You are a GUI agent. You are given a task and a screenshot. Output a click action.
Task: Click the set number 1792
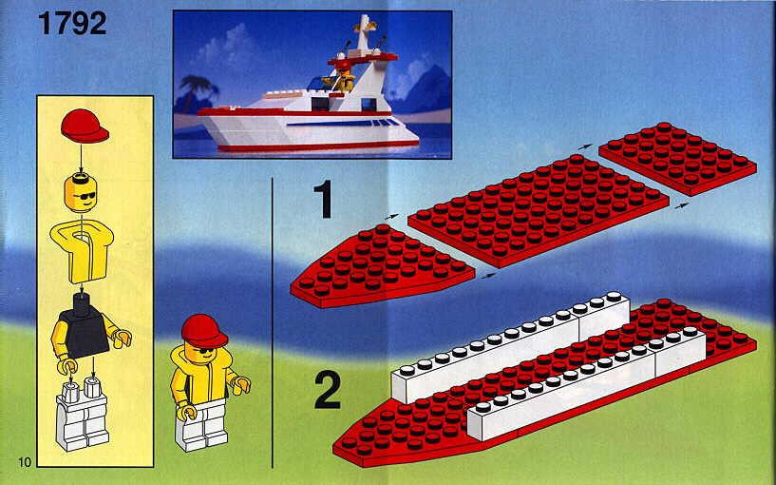[x=72, y=23]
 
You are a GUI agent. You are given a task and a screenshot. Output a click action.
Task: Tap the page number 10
[x=25, y=462]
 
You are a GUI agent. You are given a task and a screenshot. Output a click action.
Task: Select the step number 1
[x=326, y=199]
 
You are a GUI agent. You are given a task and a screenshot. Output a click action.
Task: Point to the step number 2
[x=328, y=390]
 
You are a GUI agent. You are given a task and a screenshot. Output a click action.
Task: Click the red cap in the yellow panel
[x=85, y=126]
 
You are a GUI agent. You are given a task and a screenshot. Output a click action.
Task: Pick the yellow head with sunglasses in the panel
[x=81, y=192]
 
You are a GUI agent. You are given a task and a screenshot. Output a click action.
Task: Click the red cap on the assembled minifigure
[x=203, y=330]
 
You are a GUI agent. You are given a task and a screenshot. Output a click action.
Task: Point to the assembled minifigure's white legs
[x=202, y=425]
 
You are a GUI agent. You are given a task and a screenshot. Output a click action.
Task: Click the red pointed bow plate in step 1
[x=381, y=267]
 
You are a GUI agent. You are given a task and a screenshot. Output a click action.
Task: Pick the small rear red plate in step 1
[x=677, y=159]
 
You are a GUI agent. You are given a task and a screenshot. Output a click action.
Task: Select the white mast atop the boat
[x=365, y=33]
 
